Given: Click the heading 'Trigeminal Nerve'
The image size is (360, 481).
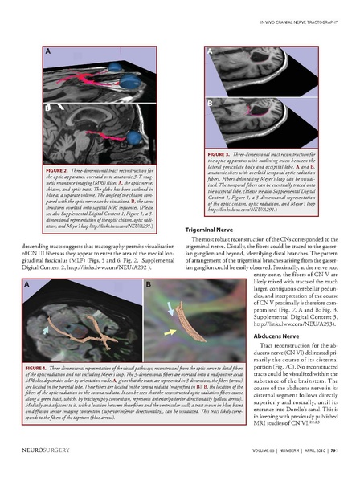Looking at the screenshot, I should (x=210, y=230).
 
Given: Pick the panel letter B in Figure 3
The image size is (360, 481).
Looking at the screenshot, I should (x=211, y=103).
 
